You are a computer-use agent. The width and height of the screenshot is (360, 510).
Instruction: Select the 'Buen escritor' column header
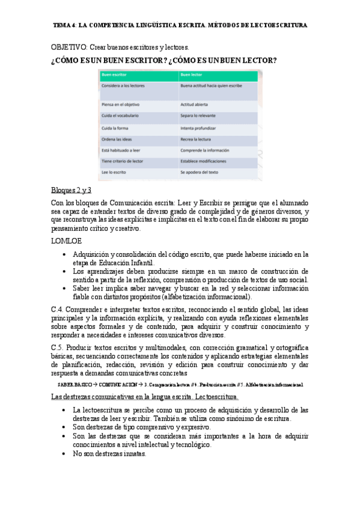[x=114, y=75]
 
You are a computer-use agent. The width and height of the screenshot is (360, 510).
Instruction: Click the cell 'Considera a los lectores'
[x=124, y=86]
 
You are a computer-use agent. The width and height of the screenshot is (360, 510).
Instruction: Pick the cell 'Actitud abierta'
[x=194, y=105]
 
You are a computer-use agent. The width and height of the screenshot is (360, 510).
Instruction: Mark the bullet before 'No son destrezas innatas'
[x=64, y=454]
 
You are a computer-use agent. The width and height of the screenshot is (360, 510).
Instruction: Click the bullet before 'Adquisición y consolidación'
[x=64, y=254]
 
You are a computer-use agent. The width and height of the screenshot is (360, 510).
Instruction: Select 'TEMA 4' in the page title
[x=65, y=26]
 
